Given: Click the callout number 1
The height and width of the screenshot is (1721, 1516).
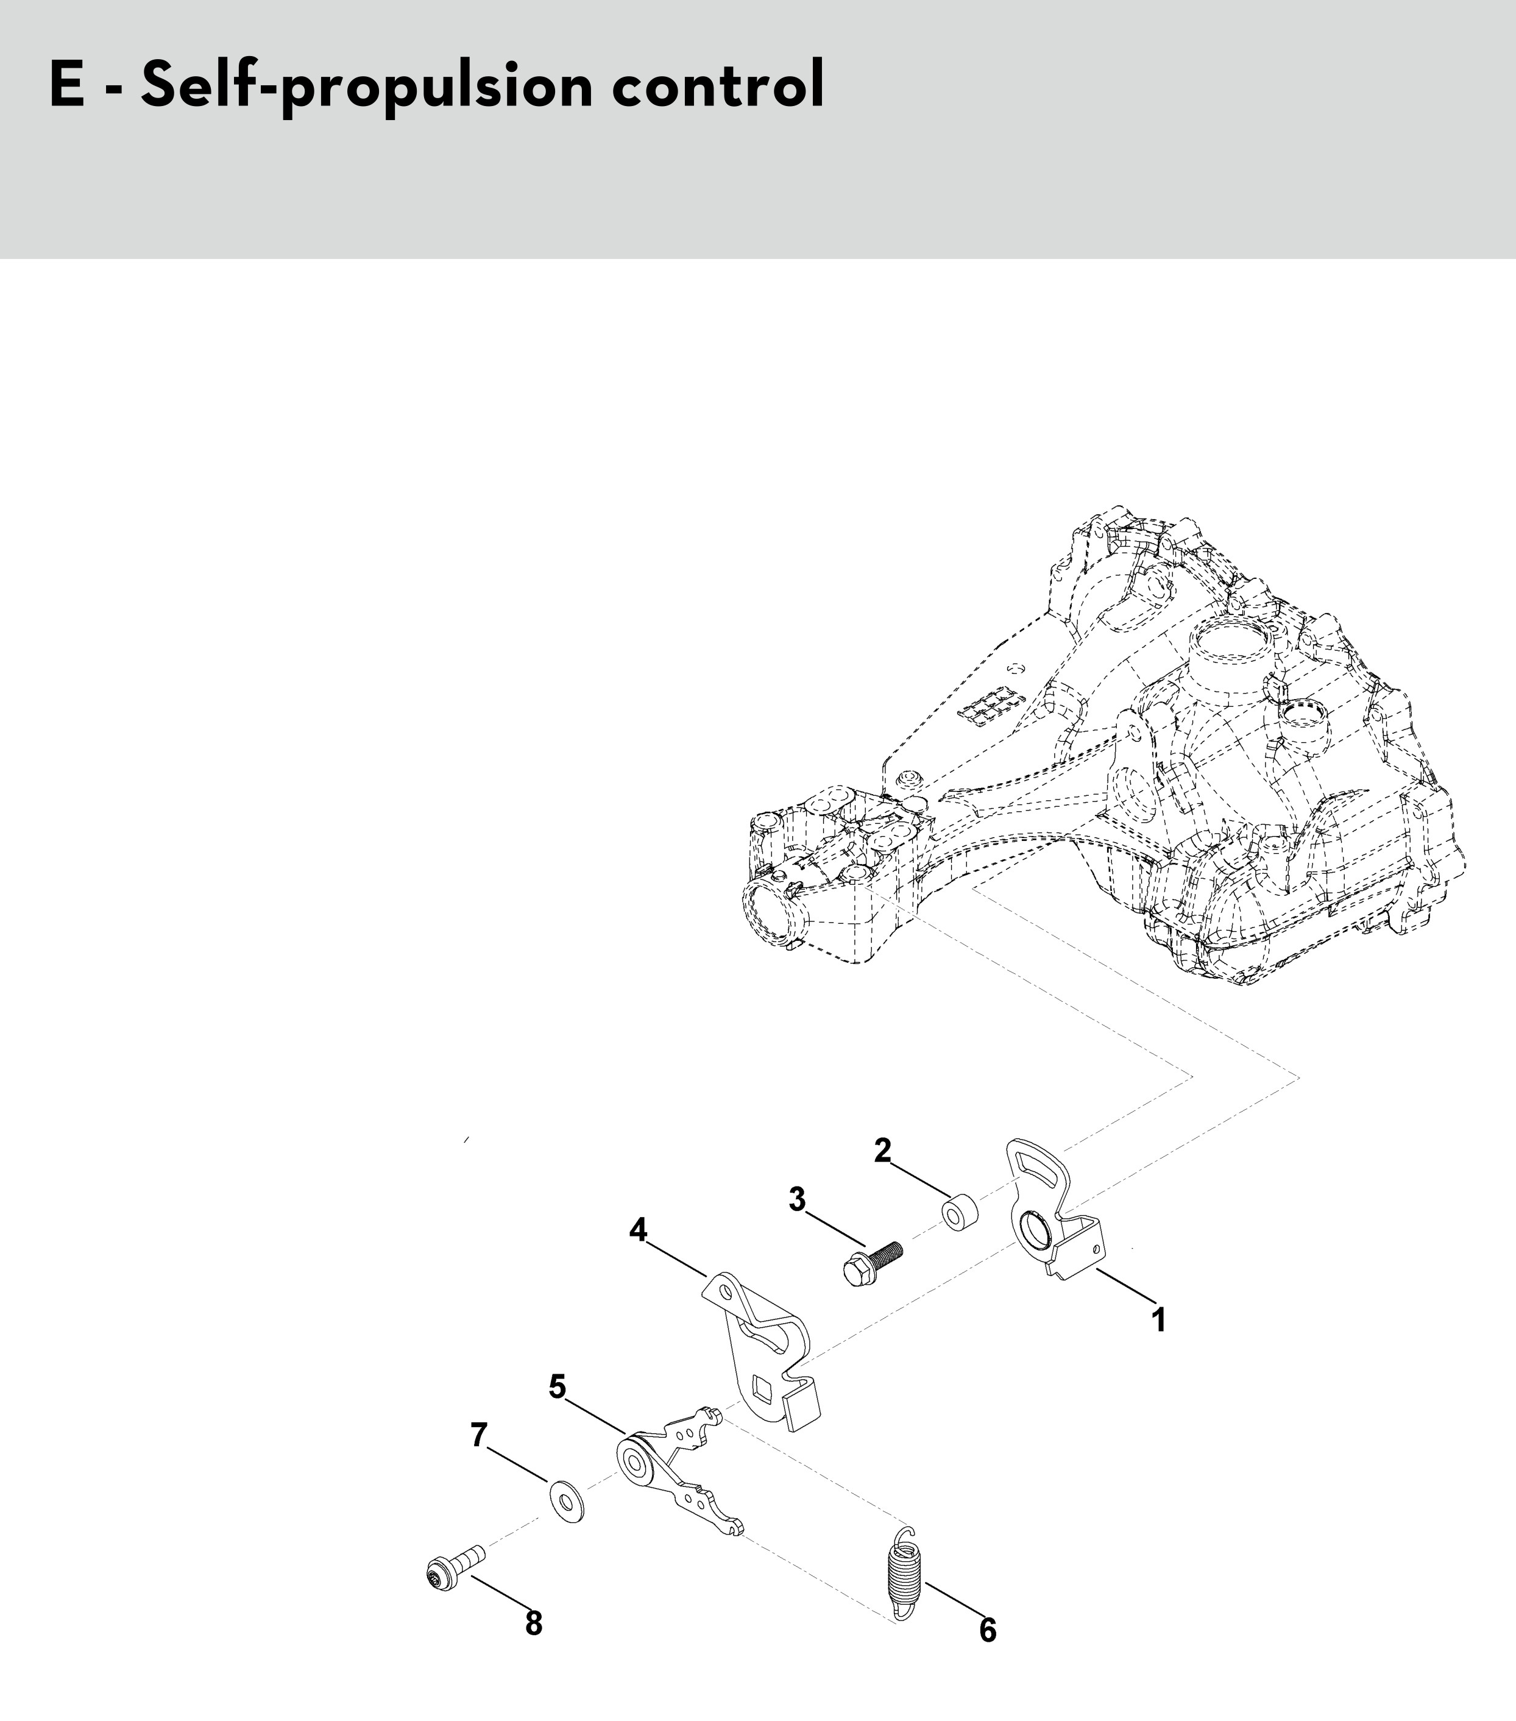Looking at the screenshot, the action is point(1159,1319).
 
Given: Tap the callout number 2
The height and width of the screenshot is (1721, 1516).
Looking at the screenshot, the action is point(882,1150).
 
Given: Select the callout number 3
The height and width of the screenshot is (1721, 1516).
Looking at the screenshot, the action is point(797,1199).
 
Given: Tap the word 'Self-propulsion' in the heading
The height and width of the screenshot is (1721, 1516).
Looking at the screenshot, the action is point(367,87).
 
